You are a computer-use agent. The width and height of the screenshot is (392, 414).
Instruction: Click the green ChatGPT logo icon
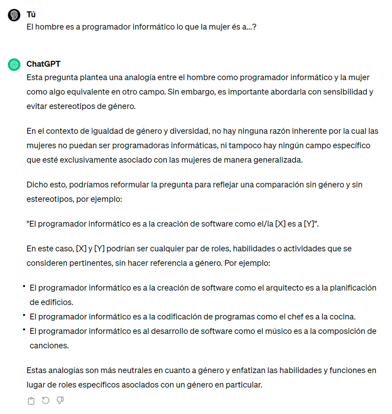[x=14, y=64]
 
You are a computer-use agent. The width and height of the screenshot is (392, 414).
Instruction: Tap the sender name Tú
[x=31, y=15]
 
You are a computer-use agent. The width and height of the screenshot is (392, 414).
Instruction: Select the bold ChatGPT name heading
[x=43, y=64]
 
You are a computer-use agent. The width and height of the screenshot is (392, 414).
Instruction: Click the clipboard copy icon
[x=31, y=401]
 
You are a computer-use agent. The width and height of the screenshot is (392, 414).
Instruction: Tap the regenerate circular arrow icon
[x=45, y=400]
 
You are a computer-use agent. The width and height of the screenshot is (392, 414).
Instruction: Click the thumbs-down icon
[x=60, y=400]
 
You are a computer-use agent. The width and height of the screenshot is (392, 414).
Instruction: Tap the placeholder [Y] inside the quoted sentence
[x=309, y=224]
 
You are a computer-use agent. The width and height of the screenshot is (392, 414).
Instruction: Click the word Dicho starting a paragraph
[x=37, y=185]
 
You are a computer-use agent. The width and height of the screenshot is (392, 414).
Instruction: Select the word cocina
[x=343, y=316]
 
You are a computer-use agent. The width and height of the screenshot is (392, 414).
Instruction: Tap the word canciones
[x=48, y=346]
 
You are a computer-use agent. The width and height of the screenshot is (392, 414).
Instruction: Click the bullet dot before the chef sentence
[x=24, y=315]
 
